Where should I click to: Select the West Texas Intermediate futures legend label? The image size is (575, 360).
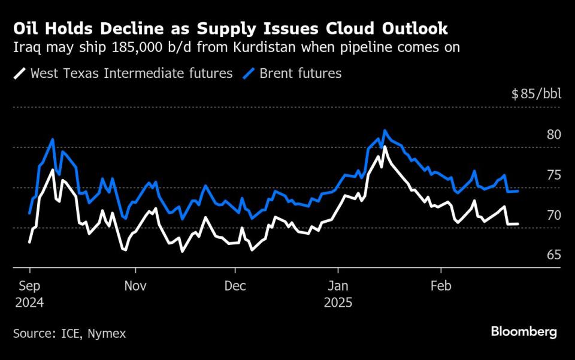point(131,74)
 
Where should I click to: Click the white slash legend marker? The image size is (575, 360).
point(20,74)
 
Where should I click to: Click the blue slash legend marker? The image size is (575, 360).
point(250,74)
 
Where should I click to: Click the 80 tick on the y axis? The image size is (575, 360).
point(554,134)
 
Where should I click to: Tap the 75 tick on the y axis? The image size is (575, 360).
point(554,175)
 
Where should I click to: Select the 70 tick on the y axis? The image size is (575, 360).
point(554,215)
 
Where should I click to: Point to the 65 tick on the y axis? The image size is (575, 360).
point(554,255)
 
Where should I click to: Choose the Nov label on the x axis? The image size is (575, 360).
point(135,286)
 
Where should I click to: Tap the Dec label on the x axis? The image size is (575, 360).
point(235,286)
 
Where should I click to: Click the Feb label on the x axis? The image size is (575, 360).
point(441,286)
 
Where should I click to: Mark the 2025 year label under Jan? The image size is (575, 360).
point(338,302)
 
